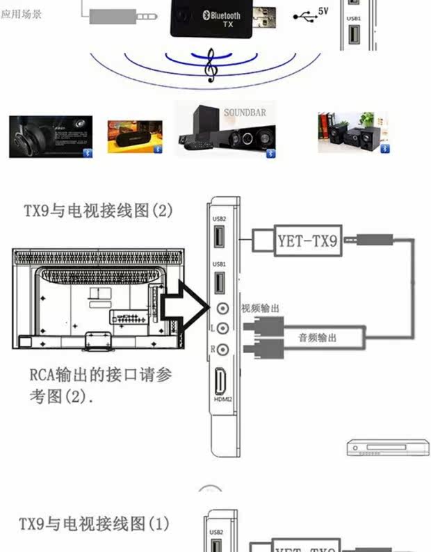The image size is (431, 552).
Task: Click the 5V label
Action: [323, 11]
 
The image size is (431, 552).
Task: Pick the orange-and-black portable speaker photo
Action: [134, 137]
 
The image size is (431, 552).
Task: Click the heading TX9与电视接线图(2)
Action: [98, 210]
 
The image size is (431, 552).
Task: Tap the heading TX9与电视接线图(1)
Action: [94, 523]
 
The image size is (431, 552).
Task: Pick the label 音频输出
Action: [317, 338]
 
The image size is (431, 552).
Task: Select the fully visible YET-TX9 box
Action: [307, 242]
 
